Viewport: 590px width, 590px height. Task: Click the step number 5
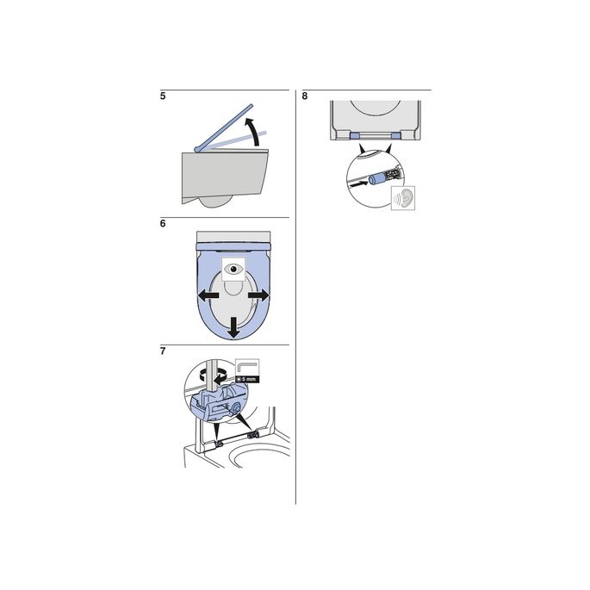click(164, 96)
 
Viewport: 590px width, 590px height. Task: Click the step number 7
click(164, 351)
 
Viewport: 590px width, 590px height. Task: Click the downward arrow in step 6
click(232, 326)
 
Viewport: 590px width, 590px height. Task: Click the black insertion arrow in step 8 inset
click(356, 184)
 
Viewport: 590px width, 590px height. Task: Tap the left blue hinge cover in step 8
click(357, 136)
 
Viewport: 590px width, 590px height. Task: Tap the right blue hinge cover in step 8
click(395, 136)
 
